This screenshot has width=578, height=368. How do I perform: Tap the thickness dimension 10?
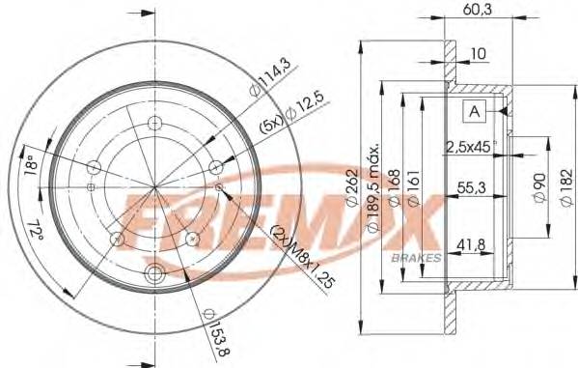(479, 54)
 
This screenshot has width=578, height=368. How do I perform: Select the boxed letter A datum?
(474, 112)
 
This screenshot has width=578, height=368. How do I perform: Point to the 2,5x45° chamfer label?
(470, 147)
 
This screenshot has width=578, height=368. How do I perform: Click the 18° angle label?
(30, 165)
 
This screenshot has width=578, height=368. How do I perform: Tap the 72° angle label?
(35, 232)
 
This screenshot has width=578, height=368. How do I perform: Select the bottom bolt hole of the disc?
(155, 274)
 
